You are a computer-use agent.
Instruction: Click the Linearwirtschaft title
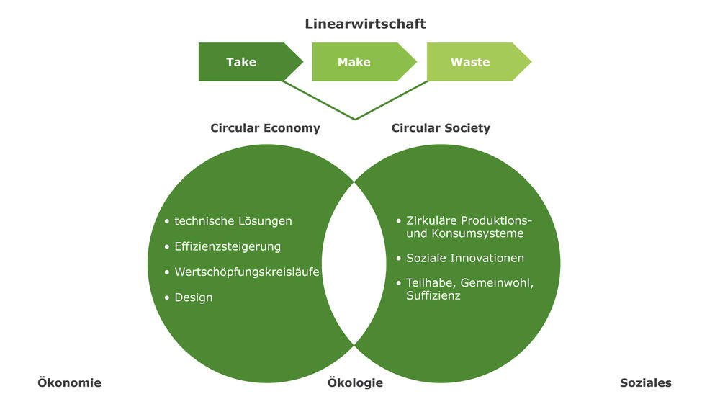pyautogui.click(x=365, y=24)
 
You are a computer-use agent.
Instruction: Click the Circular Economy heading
pyautogui.click(x=265, y=128)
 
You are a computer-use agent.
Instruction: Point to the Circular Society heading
pyautogui.click(x=441, y=128)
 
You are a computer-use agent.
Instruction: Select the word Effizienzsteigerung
pyautogui.click(x=228, y=246)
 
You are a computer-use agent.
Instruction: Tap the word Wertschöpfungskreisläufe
pyautogui.click(x=247, y=272)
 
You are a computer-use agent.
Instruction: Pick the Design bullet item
pyautogui.click(x=194, y=297)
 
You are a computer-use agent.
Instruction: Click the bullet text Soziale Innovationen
pyautogui.click(x=465, y=258)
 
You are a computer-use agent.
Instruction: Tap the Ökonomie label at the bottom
pyautogui.click(x=69, y=383)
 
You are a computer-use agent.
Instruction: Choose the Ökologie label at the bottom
pyautogui.click(x=355, y=383)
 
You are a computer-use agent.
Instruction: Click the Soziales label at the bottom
pyautogui.click(x=645, y=383)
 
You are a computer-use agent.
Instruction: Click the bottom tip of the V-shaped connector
pyautogui.click(x=354, y=120)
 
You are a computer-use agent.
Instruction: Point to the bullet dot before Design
pyautogui.click(x=167, y=297)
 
